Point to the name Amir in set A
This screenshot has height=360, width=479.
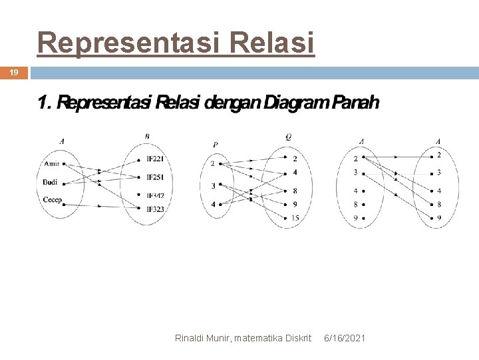[51, 164]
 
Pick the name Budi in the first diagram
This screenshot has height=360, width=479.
[50, 182]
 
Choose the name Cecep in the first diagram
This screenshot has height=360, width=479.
[52, 199]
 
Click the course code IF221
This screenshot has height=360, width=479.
[155, 159]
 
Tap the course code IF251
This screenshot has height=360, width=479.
[155, 177]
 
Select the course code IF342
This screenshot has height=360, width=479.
[155, 195]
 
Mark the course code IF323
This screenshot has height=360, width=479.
[155, 209]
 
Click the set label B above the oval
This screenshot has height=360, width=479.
[147, 137]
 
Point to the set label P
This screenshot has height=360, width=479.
[216, 144]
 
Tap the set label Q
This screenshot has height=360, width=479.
[288, 137]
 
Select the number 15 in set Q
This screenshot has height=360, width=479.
[295, 218]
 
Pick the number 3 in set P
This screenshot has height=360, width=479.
[213, 185]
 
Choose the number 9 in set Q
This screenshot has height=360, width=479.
[295, 204]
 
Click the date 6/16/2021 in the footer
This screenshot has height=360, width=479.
[345, 339]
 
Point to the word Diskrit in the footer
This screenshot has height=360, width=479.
[297, 339]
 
